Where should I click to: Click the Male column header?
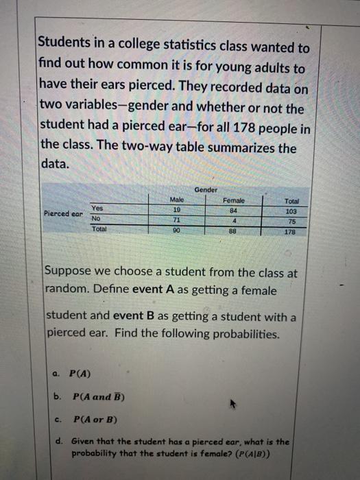point(176,200)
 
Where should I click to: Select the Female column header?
point(233,200)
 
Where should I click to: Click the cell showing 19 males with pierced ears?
point(176,209)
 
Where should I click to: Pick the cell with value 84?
point(233,211)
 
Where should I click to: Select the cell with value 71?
point(176,220)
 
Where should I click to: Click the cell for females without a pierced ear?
point(233,221)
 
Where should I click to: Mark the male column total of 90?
point(176,230)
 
